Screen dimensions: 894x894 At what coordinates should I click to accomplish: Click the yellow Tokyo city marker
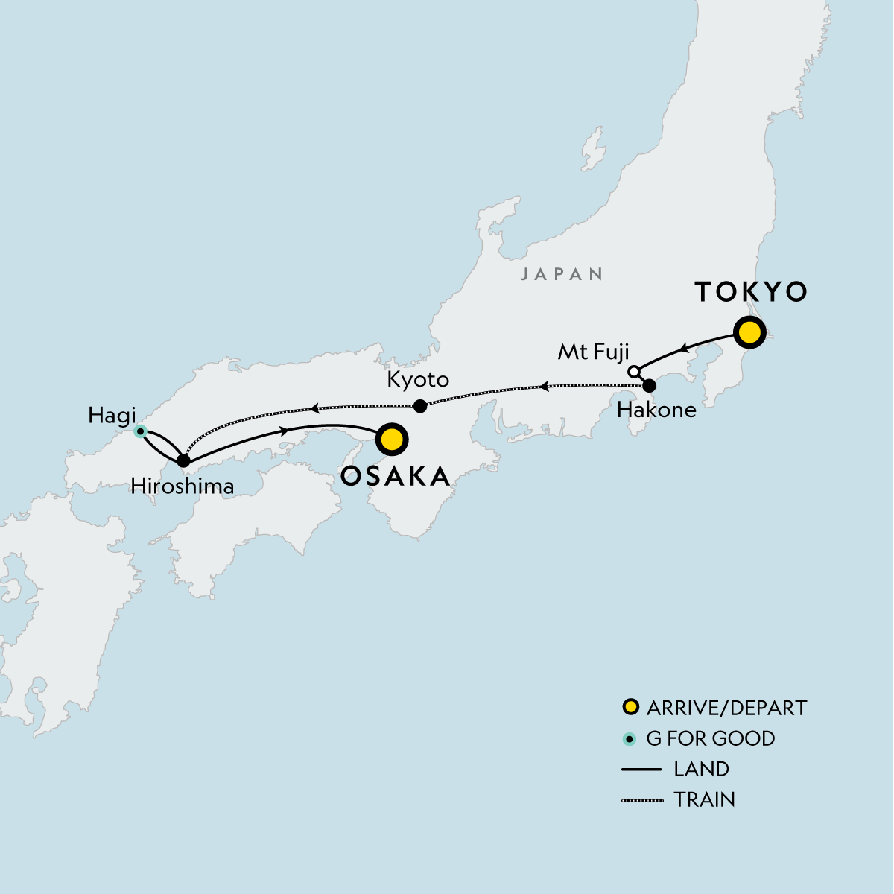tap(749, 332)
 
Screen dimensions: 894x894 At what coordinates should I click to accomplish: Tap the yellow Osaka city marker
tap(392, 440)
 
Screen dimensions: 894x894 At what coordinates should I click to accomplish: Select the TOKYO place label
tap(751, 292)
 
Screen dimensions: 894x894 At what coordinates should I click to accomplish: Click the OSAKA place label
tap(395, 476)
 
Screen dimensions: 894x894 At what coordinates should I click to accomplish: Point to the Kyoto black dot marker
tap(420, 406)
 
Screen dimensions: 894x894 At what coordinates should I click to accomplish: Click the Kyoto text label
tap(418, 380)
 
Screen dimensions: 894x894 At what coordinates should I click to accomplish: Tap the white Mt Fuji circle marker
tap(633, 371)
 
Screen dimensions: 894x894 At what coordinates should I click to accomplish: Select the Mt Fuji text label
tap(594, 352)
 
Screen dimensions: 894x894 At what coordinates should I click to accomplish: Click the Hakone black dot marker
tap(649, 386)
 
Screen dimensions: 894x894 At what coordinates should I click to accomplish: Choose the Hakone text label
tap(656, 410)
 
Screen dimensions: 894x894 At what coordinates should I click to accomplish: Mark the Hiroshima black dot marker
tap(183, 461)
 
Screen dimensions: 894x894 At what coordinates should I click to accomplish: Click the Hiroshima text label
tap(183, 486)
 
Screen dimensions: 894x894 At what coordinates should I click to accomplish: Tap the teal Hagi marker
tap(139, 431)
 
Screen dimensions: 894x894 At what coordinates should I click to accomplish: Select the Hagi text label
tap(112, 415)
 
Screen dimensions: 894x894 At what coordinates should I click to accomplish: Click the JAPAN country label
tap(562, 274)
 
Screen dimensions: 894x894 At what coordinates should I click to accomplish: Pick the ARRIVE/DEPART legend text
tap(726, 708)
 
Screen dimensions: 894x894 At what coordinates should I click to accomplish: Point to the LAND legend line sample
tap(641, 770)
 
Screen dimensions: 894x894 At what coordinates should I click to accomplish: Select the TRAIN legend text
tap(704, 800)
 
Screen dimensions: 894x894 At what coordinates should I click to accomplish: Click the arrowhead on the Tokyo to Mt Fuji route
tap(682, 348)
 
